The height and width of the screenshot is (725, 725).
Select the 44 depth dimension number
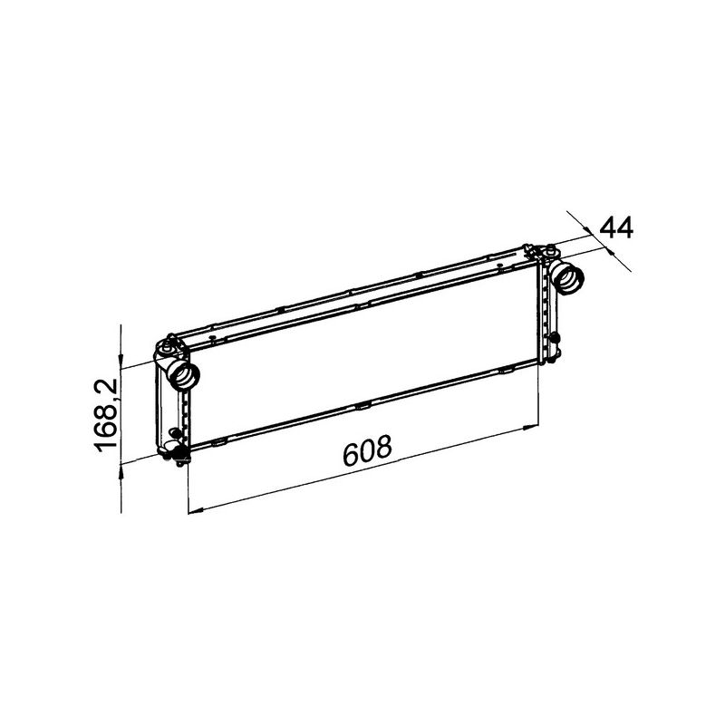click(x=616, y=227)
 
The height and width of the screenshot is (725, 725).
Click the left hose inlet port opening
click(x=184, y=375)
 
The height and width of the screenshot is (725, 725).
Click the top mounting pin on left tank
click(x=169, y=344)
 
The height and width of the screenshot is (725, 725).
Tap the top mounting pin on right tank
click(x=550, y=248)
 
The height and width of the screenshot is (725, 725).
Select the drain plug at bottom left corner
click(x=178, y=452)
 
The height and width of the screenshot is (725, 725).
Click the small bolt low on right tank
click(x=555, y=338)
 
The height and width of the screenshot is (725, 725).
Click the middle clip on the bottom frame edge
click(x=362, y=404)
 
